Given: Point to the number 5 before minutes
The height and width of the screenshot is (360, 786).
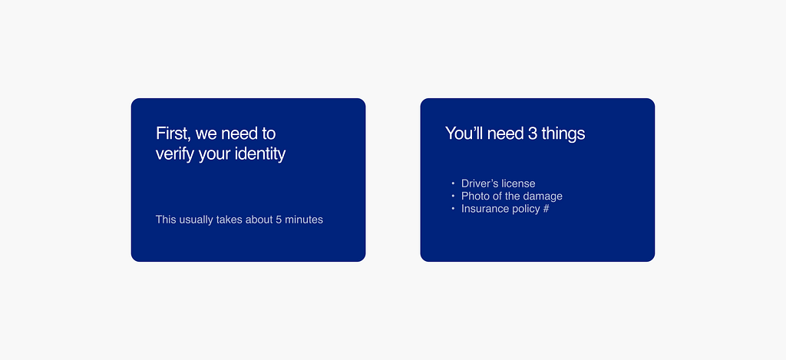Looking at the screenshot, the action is click(279, 220).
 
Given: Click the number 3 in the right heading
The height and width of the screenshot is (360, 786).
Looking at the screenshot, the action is click(519, 134).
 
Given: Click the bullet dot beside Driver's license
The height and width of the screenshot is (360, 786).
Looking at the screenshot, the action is click(453, 183).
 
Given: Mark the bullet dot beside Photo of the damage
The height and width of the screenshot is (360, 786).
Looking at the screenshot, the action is click(453, 196).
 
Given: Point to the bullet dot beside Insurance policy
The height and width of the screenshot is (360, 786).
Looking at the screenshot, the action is click(453, 209).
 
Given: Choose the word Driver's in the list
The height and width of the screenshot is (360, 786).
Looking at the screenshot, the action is click(477, 183).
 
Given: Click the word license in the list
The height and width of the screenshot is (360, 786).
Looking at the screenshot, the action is click(517, 183).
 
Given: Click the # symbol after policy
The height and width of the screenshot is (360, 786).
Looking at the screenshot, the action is click(546, 209).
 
